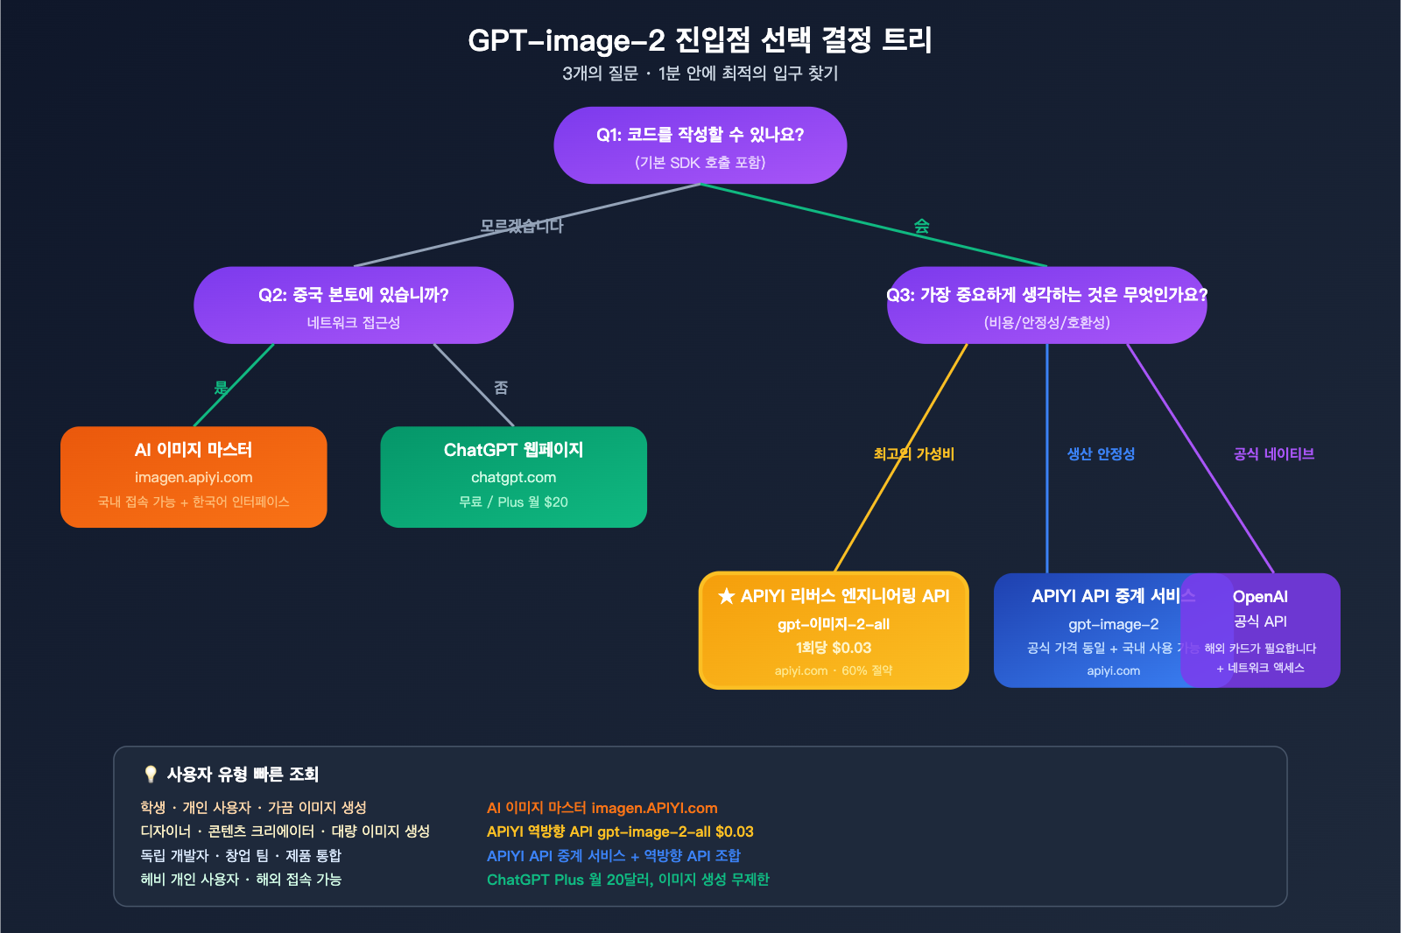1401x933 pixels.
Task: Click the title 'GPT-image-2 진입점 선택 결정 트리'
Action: click(x=700, y=40)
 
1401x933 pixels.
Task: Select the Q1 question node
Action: click(x=700, y=145)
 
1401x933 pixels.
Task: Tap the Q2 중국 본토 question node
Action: click(x=353, y=305)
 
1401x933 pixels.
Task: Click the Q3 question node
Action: click(x=1046, y=305)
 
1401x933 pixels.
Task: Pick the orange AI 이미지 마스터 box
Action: click(x=194, y=476)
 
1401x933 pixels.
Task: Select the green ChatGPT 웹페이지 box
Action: click(x=513, y=476)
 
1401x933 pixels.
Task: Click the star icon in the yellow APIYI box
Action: click(x=726, y=597)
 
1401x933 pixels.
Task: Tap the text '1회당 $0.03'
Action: click(x=834, y=648)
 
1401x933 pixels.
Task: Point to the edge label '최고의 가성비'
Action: click(x=913, y=453)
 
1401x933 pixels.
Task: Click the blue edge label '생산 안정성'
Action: click(x=1100, y=453)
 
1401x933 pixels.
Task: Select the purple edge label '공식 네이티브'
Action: click(x=1273, y=453)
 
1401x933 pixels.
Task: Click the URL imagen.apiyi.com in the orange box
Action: click(x=194, y=477)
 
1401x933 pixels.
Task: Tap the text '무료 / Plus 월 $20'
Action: click(x=513, y=502)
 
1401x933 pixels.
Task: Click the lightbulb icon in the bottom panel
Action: click(x=151, y=774)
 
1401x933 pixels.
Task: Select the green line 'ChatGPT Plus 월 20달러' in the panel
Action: click(x=627, y=880)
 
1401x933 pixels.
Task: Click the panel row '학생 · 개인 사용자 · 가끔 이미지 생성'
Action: click(x=253, y=808)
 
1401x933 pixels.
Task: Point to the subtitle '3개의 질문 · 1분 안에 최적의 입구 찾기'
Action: click(x=700, y=74)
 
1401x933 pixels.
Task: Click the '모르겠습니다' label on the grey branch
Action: click(x=521, y=226)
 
